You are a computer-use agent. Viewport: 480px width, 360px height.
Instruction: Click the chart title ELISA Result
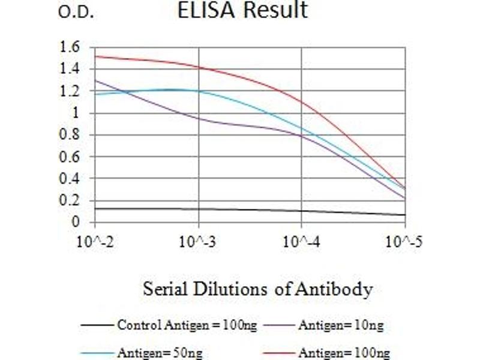242,11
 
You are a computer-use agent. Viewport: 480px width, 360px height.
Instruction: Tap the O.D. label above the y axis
76,13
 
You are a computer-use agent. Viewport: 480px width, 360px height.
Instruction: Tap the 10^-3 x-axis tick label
199,242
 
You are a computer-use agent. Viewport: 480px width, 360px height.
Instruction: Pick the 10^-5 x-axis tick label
403,242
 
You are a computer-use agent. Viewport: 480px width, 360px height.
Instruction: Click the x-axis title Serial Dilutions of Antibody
257,290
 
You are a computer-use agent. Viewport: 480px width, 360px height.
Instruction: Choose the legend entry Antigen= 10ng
340,326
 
